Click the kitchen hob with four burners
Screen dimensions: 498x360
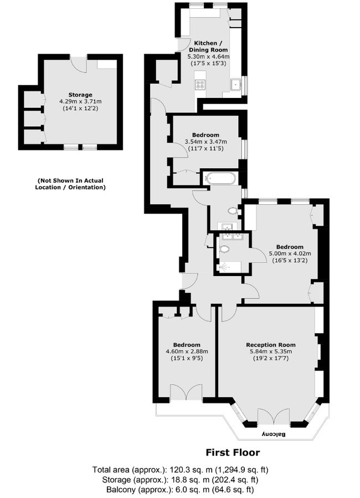200,85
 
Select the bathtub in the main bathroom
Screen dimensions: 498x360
220,179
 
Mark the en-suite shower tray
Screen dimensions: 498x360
228,267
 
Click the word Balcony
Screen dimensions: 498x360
273,434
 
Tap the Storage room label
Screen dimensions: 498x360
76,95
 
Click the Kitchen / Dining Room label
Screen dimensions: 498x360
208,46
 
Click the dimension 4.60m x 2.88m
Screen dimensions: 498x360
187,351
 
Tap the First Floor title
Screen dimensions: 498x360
233,452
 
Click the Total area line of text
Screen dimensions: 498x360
181,470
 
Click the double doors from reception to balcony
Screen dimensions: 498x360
274,416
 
